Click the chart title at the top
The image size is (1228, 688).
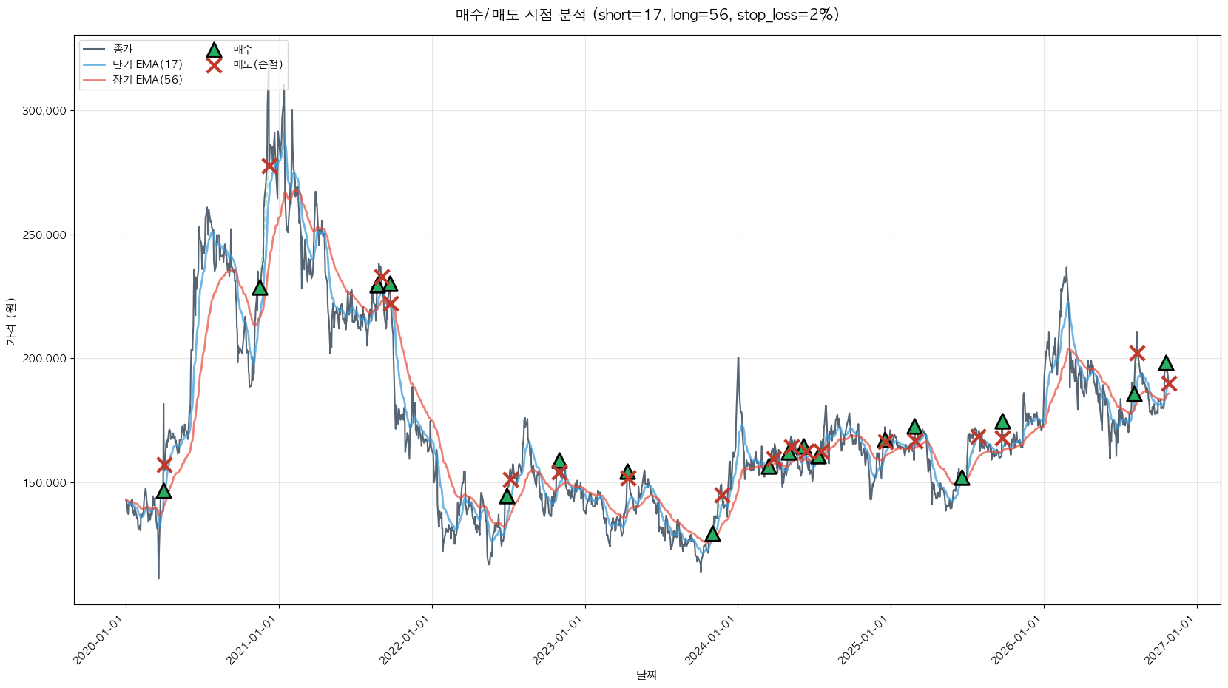pyautogui.click(x=647, y=15)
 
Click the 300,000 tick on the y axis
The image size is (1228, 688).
pyautogui.click(x=44, y=111)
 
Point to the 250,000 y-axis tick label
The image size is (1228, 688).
pyautogui.click(x=44, y=235)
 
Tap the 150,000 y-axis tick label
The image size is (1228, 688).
pyautogui.click(x=44, y=483)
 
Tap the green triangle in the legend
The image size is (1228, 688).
pyautogui.click(x=214, y=50)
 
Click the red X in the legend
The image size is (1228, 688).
pyautogui.click(x=214, y=65)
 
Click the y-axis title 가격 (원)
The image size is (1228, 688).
pyautogui.click(x=11, y=321)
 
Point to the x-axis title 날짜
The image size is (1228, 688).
pyautogui.click(x=647, y=675)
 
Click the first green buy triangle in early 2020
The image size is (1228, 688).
pyautogui.click(x=163, y=492)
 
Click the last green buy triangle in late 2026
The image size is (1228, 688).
pyautogui.click(x=1166, y=363)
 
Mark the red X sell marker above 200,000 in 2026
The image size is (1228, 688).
pyautogui.click(x=1137, y=354)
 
